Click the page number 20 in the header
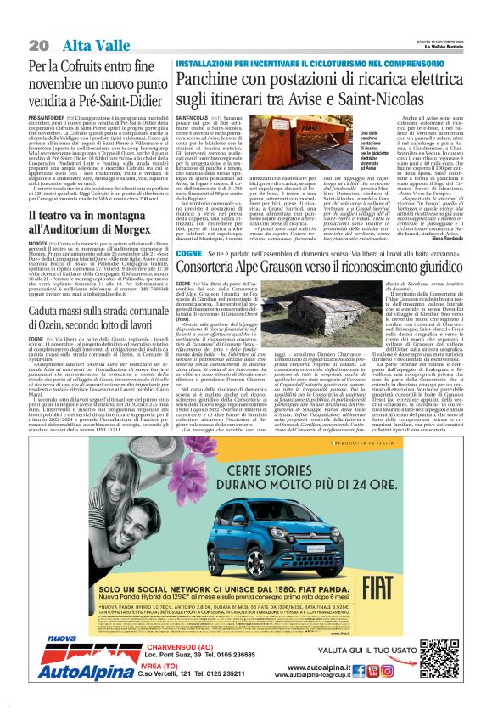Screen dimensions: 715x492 tap(37, 44)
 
